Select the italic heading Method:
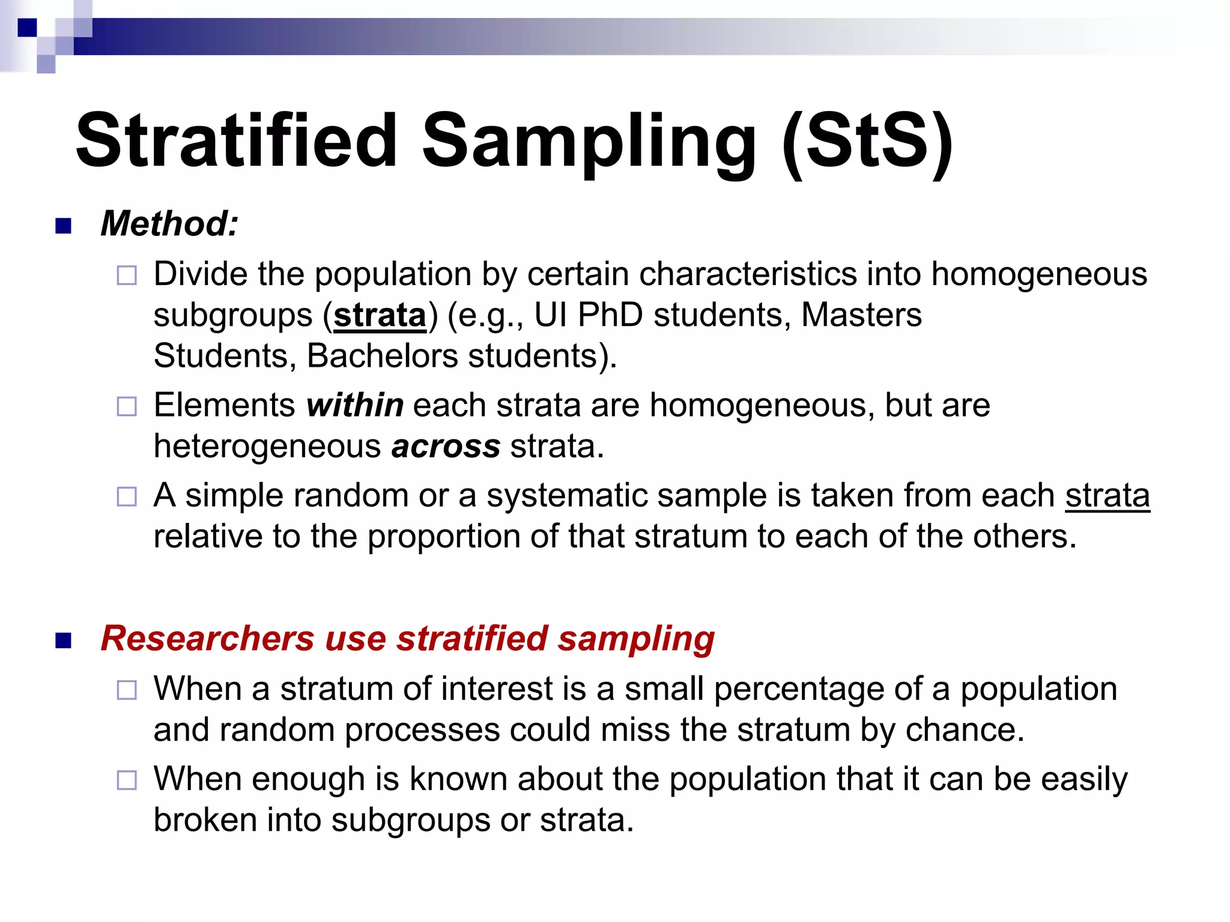pyautogui.click(x=169, y=224)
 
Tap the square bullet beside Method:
pyautogui.click(x=63, y=226)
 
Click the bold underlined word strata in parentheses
pyautogui.click(x=380, y=315)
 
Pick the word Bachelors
pyautogui.click(x=383, y=356)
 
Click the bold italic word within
pyautogui.click(x=355, y=405)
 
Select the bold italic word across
pyautogui.click(x=446, y=447)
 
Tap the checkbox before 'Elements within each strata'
pyautogui.click(x=127, y=407)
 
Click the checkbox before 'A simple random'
pyautogui.click(x=127, y=497)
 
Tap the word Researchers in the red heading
pyautogui.click(x=207, y=638)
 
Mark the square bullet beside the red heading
pyautogui.click(x=63, y=640)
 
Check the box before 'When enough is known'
pyautogui.click(x=127, y=780)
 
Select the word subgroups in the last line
pyautogui.click(x=410, y=820)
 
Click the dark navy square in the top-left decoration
pyautogui.click(x=27, y=28)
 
